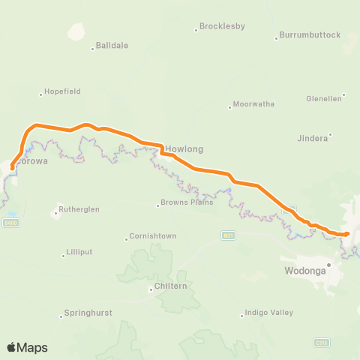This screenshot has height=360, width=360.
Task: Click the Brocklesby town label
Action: coord(223,27)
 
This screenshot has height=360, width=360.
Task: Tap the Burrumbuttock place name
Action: coord(310,35)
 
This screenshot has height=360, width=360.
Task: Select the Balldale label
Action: coord(112,46)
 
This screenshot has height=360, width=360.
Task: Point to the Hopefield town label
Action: coord(62,91)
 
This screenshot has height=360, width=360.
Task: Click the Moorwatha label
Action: coord(254,104)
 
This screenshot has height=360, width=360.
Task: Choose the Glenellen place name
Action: coord(324,98)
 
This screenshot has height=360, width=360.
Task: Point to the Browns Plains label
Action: coord(187,202)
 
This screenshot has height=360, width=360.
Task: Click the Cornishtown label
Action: coord(153,236)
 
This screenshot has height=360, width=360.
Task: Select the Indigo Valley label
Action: coord(268,313)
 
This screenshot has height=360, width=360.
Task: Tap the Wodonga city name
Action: coord(305,271)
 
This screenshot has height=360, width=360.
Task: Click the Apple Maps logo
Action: coord(27,347)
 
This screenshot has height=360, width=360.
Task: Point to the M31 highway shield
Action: coord(228,235)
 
